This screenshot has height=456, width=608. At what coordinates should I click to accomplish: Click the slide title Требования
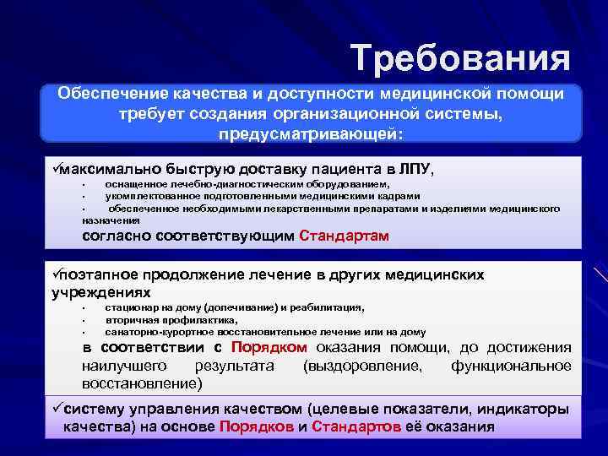(461, 58)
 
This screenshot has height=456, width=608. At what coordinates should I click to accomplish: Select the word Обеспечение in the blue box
(109, 94)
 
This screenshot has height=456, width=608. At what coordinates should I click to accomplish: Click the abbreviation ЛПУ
(412, 169)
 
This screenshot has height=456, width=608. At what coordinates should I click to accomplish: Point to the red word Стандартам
(345, 236)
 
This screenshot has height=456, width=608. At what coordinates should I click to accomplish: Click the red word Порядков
(256, 426)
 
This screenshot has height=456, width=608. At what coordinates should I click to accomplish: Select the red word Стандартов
(356, 426)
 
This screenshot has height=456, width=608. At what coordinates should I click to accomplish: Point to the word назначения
(94, 217)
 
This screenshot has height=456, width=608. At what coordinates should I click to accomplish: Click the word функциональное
(511, 366)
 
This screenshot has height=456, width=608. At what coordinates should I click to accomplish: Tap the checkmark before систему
(55, 410)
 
